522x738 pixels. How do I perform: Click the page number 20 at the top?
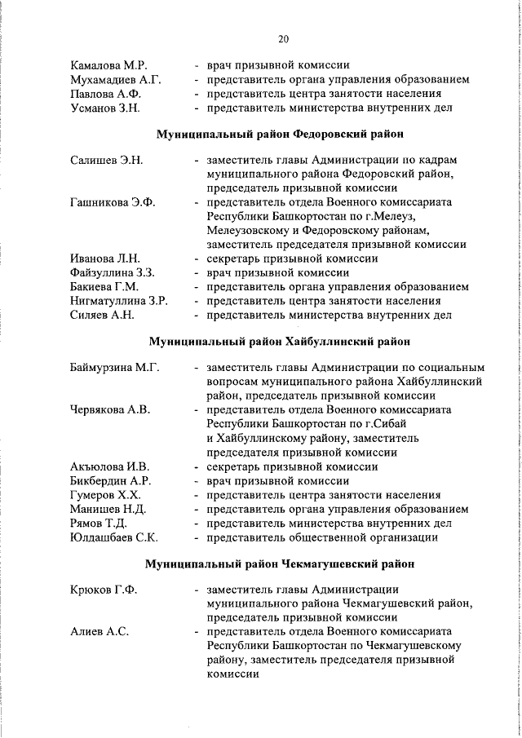(283, 38)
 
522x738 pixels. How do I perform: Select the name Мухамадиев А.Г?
(116, 79)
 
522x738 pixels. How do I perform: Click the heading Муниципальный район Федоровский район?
(281, 132)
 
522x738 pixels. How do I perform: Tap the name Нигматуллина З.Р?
(119, 301)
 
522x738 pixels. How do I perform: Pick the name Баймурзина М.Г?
(114, 368)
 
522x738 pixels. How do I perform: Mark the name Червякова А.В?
(110, 409)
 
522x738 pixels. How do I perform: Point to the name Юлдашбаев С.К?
(114, 537)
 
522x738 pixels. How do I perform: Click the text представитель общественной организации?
(322, 537)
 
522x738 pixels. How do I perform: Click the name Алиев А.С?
(98, 632)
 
